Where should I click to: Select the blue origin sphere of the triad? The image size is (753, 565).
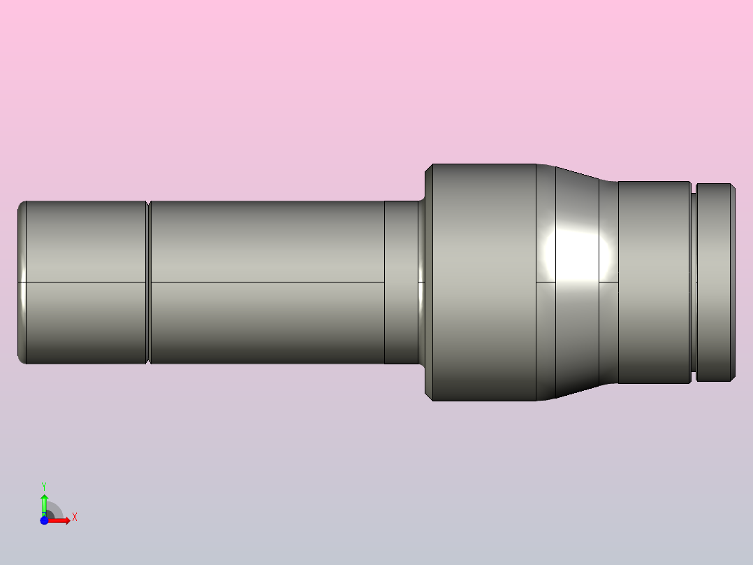pos(44,521)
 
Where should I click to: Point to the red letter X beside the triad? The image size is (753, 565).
pos(74,517)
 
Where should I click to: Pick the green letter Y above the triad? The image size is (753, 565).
pos(44,485)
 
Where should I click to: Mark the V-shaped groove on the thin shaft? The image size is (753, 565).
pos(149,282)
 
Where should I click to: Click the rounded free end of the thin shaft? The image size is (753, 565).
pos(21,282)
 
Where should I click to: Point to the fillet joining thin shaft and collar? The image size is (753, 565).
pos(421,282)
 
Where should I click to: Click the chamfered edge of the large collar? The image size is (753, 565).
pos(429,282)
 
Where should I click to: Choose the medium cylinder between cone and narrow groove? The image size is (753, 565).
pos(654,282)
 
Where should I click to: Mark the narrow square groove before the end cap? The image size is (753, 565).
pos(694,282)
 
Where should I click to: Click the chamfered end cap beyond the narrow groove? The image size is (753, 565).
pos(715,282)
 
